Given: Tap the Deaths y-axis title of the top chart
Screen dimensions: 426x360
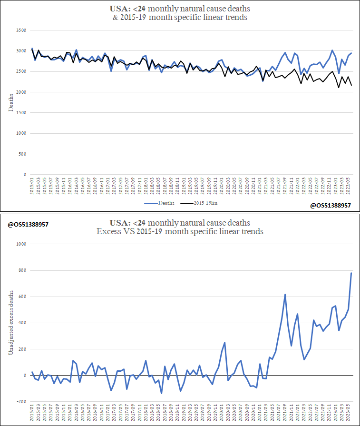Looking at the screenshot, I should (x=11, y=102).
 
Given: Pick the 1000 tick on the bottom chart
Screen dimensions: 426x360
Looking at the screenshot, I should (x=21, y=244).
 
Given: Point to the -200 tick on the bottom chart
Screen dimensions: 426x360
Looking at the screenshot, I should (x=21, y=402).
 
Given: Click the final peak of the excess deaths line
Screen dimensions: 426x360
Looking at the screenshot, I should (x=351, y=273).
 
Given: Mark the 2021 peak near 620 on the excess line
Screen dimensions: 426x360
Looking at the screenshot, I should (x=285, y=294).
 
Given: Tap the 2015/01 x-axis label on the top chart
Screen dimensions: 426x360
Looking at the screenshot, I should (x=32, y=188).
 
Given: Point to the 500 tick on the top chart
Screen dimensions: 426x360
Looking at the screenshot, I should (x=21, y=154).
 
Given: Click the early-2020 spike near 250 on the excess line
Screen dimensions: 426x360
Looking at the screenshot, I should (x=224, y=342).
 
